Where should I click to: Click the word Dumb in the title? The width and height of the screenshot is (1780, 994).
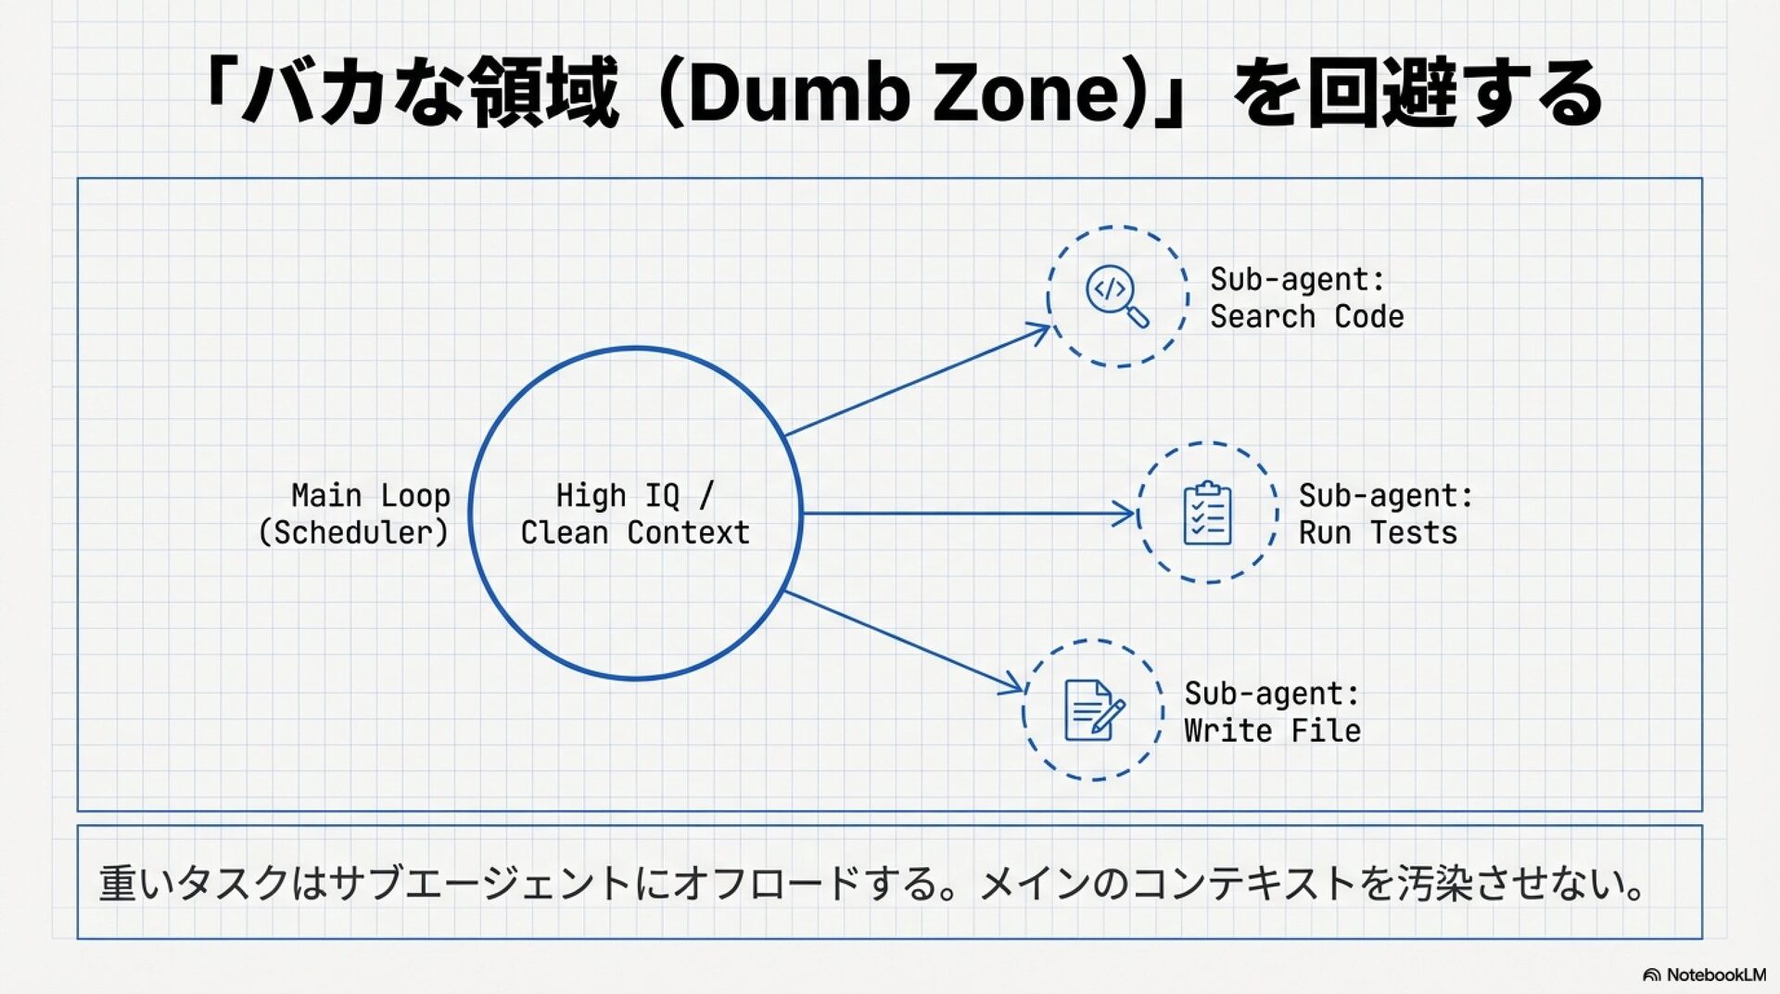tap(798, 93)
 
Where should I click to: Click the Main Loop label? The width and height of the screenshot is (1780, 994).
tap(371, 496)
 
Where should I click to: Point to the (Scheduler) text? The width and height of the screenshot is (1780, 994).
tap(353, 533)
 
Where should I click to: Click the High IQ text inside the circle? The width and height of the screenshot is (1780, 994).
tap(617, 496)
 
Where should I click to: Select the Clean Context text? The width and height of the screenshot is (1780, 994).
tap(635, 533)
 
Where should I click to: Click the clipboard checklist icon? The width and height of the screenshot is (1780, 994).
tap(1208, 513)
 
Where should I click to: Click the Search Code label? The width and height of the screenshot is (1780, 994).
tap(1307, 317)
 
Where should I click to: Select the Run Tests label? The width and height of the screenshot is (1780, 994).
tap(1378, 533)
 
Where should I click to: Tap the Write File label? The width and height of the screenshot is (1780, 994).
tap(1273, 731)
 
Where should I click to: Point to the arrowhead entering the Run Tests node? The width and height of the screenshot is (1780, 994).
tap(1126, 513)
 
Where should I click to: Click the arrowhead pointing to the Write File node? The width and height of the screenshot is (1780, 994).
tap(1014, 687)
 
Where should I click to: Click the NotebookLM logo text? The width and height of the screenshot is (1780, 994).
tap(1715, 975)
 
